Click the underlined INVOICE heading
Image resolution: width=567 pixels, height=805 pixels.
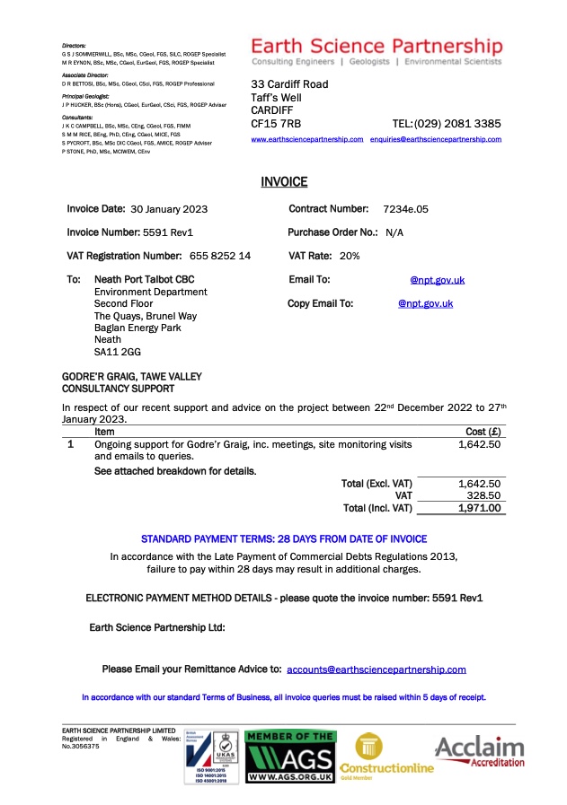284,182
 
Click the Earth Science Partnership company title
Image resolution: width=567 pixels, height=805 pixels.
377,46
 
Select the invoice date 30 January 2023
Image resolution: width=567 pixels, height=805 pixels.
163,209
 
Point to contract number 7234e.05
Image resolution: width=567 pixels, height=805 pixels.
405,209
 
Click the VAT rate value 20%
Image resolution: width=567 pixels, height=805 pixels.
350,256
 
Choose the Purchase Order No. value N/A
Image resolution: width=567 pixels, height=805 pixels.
394,232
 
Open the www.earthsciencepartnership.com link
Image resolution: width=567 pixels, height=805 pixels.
306,140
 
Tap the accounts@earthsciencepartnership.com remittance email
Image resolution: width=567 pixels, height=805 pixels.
377,669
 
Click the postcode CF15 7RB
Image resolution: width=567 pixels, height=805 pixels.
276,123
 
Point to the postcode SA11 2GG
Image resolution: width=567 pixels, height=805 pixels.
113,352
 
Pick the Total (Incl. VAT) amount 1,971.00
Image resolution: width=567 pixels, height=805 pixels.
479,508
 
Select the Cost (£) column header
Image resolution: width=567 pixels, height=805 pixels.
483,432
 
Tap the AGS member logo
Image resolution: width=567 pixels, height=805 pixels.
290,757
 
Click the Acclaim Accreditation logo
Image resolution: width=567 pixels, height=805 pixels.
480,752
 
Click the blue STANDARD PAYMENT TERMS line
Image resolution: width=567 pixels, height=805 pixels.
284,539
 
